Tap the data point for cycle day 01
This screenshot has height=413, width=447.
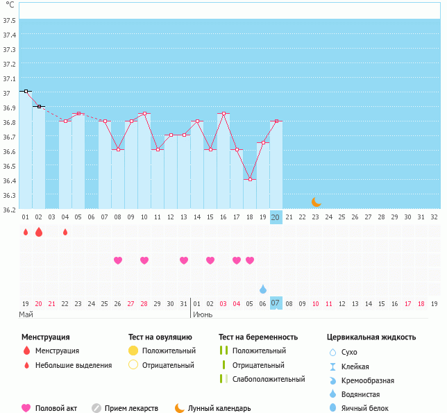tap(26, 91)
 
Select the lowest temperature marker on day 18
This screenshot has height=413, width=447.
tap(250, 179)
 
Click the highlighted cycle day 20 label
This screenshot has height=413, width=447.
tap(276, 217)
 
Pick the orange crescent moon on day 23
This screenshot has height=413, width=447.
tap(316, 202)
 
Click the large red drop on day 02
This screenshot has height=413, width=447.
tap(39, 232)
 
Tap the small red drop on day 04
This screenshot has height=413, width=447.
tap(65, 232)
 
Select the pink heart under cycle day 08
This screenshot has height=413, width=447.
tap(118, 260)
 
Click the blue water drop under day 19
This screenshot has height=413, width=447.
tap(263, 289)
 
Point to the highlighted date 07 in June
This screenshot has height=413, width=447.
tap(276, 303)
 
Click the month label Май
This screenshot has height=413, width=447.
tap(26, 315)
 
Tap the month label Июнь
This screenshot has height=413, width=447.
tap(203, 315)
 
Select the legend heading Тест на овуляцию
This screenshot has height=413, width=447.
tap(160, 337)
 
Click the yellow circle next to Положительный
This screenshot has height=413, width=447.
tap(133, 351)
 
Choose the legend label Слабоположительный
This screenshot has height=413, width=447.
tap(269, 379)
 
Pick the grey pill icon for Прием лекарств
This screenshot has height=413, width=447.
tap(96, 408)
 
